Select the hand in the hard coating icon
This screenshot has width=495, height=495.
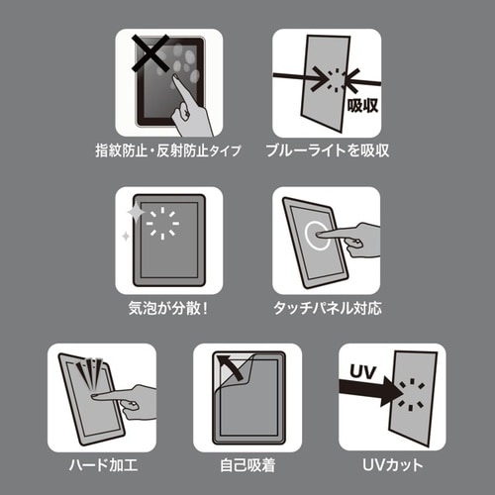click(x=129, y=401)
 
